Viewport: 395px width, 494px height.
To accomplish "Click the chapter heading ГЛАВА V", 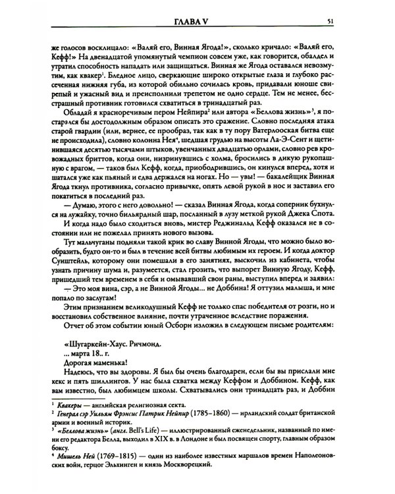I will (x=197, y=8).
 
